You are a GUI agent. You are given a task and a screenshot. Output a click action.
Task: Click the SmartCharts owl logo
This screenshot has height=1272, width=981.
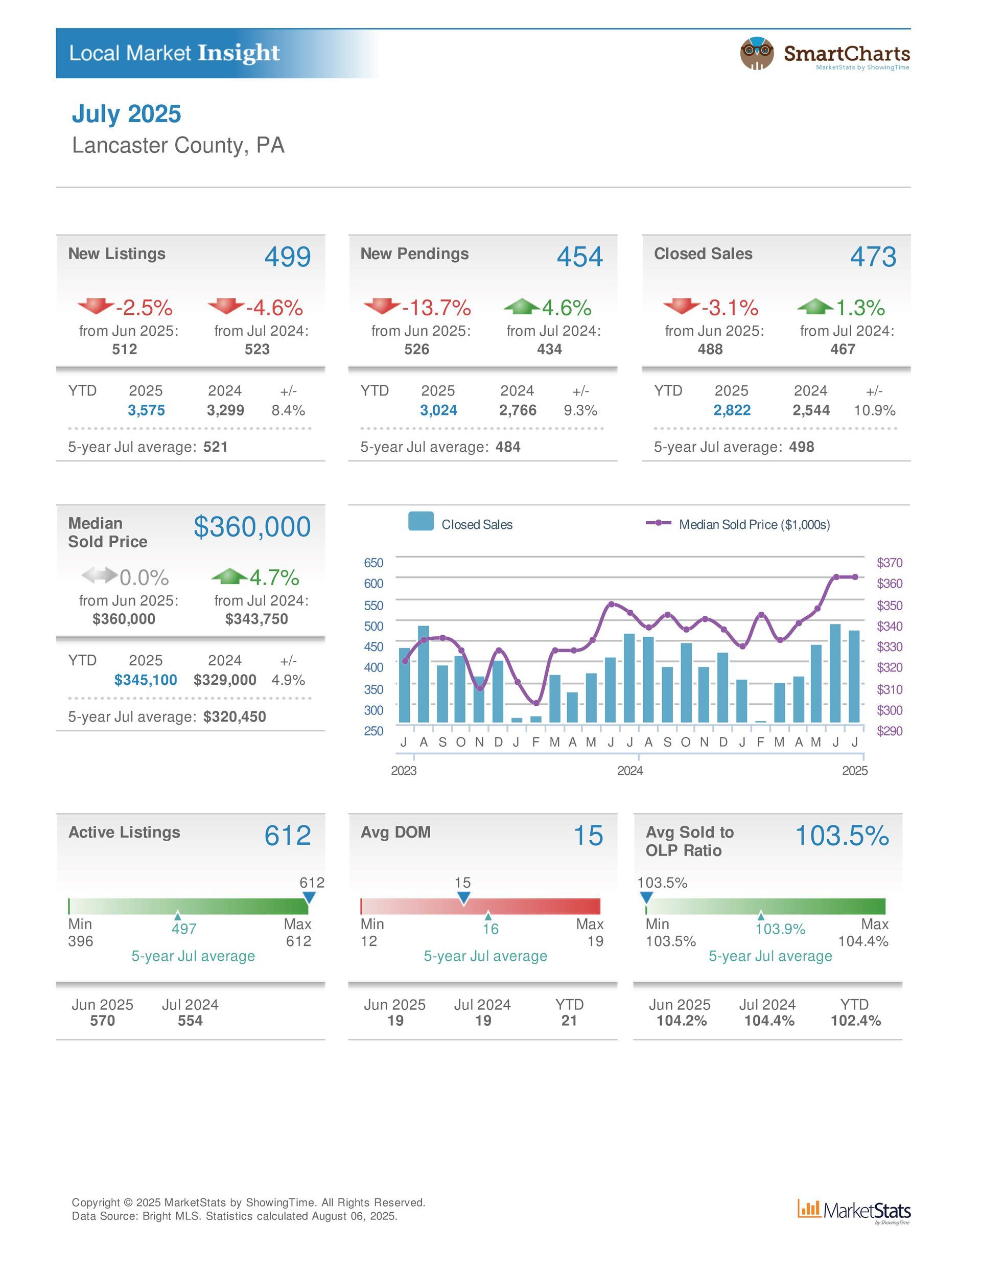click(x=756, y=54)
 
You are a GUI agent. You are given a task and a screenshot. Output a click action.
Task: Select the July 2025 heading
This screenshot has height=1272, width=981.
click(x=126, y=113)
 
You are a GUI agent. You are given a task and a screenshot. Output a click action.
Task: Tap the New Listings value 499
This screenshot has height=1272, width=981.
click(x=288, y=257)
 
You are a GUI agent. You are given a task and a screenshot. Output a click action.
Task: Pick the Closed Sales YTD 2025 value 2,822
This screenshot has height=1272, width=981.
click(x=732, y=410)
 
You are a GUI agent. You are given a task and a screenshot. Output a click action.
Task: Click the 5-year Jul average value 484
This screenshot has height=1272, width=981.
click(x=508, y=447)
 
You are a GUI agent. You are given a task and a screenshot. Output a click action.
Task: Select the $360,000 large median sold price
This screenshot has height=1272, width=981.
click(x=252, y=526)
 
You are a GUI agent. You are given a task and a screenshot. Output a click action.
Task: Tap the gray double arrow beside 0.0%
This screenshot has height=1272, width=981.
click(x=99, y=575)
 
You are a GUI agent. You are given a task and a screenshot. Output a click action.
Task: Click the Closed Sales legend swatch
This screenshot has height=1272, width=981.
click(x=421, y=521)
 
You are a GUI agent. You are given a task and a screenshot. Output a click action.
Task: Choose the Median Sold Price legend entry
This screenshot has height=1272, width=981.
click(x=738, y=524)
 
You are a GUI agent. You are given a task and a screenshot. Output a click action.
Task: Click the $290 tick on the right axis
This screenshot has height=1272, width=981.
click(x=890, y=730)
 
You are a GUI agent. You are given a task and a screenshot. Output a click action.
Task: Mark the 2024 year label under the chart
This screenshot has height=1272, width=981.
click(x=630, y=771)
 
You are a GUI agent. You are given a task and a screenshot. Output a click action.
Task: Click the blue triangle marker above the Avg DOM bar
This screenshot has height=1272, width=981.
click(x=463, y=898)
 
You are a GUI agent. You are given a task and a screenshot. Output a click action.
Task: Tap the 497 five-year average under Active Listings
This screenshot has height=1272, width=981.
click(x=184, y=929)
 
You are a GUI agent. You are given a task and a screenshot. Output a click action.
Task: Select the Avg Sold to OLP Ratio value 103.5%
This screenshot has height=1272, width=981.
click(x=842, y=835)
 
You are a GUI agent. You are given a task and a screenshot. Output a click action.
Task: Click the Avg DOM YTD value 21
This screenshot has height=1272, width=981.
click(x=569, y=1021)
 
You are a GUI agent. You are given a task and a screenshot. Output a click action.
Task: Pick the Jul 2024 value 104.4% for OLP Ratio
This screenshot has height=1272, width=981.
click(x=769, y=1021)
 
